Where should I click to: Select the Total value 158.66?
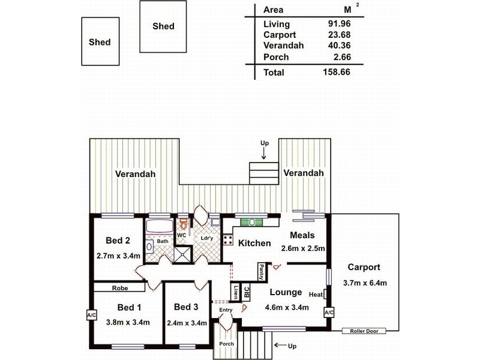click(x=336, y=72)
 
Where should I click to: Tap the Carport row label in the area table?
click(x=280, y=35)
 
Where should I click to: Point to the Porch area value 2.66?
click(x=338, y=57)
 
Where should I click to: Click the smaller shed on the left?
click(x=100, y=41)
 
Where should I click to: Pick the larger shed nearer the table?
click(x=163, y=26)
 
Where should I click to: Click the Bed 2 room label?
click(x=118, y=241)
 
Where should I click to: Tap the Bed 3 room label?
click(x=186, y=307)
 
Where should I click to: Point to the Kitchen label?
click(x=254, y=243)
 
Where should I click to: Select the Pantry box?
click(x=262, y=272)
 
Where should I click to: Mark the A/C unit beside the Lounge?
click(x=329, y=313)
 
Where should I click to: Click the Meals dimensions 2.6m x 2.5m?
click(x=303, y=248)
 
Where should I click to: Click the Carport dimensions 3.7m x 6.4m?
click(x=364, y=283)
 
